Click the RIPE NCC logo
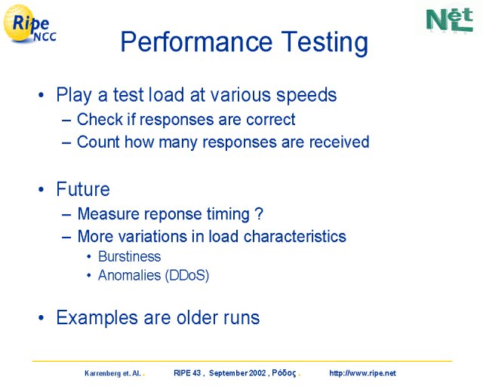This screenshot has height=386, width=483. pyautogui.click(x=29, y=24)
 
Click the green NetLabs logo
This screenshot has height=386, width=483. pyautogui.click(x=450, y=20)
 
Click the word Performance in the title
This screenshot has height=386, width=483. pyautogui.click(x=196, y=41)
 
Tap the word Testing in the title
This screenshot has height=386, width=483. pyautogui.click(x=325, y=43)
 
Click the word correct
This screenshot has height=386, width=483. pyautogui.click(x=271, y=119)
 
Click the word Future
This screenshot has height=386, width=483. pyautogui.click(x=83, y=188)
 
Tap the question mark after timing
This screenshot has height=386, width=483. pyautogui.click(x=259, y=213)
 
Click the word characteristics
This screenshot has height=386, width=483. pyautogui.click(x=295, y=237)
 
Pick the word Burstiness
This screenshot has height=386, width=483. pyautogui.click(x=129, y=256)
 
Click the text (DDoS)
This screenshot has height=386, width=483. pyautogui.click(x=187, y=275)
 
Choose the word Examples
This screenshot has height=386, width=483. pyautogui.click(x=97, y=318)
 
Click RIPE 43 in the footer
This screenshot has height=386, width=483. pyautogui.click(x=187, y=373)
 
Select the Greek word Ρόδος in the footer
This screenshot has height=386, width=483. pyautogui.click(x=284, y=373)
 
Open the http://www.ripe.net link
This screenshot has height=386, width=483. pyautogui.click(x=362, y=373)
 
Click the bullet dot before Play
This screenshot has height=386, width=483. pyautogui.click(x=41, y=95)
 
